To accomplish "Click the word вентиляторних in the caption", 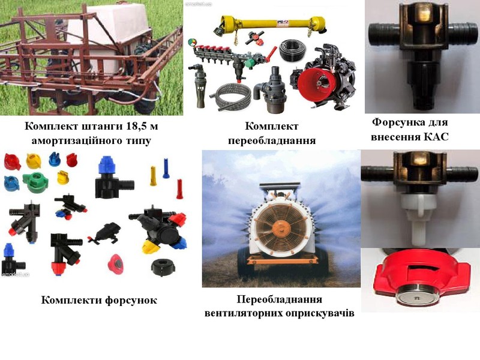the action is tap(244, 313).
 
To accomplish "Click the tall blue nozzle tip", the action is tap(166, 168).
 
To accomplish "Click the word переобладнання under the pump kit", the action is tap(272, 140).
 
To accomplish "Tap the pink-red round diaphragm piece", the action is tap(115, 263).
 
